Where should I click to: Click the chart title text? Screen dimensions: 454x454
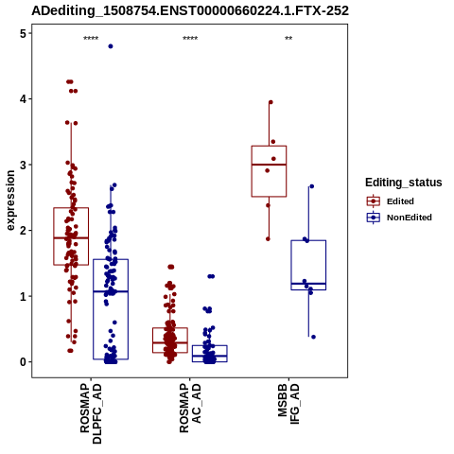pyautogui.click(x=190, y=10)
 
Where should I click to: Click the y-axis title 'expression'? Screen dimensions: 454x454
pyautogui.click(x=10, y=201)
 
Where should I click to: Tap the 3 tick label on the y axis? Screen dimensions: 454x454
pyautogui.click(x=23, y=165)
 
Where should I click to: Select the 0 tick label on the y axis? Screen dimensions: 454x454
pyautogui.click(x=23, y=362)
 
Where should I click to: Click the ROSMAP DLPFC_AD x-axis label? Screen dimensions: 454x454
pyautogui.click(x=91, y=413)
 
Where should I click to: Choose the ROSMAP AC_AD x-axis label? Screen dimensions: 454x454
pyautogui.click(x=190, y=409)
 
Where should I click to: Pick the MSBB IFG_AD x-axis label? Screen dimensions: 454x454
pyautogui.click(x=288, y=404)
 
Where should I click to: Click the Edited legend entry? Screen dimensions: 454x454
pyautogui.click(x=390, y=201)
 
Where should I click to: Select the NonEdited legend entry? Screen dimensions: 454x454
pyautogui.click(x=399, y=218)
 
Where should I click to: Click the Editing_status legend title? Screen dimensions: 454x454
pyautogui.click(x=404, y=183)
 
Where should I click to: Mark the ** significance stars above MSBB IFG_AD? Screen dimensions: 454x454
pyautogui.click(x=288, y=39)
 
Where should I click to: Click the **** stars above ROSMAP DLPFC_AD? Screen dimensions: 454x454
pyautogui.click(x=91, y=39)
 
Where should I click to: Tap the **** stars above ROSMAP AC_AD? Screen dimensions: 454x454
pyautogui.click(x=190, y=39)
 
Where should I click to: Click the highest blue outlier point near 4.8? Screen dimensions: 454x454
pyautogui.click(x=111, y=46)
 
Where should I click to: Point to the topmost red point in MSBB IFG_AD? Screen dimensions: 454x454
pyautogui.click(x=271, y=102)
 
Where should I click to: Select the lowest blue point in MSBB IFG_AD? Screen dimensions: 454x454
pyautogui.click(x=313, y=337)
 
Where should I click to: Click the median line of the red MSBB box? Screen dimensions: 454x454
pyautogui.click(x=269, y=165)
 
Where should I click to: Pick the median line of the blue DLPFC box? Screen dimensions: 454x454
pyautogui.click(x=111, y=291)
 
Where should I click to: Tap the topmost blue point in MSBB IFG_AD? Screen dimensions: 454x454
pyautogui.click(x=311, y=186)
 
